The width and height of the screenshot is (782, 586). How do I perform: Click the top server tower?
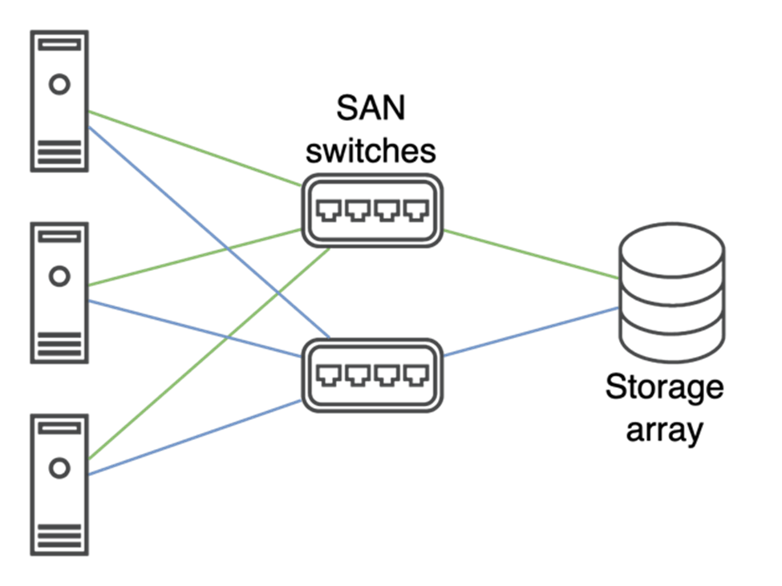[x=59, y=100]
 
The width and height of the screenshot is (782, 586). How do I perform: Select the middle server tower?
[x=59, y=293]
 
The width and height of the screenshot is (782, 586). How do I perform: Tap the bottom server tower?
[x=59, y=484]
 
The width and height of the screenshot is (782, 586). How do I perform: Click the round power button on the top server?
[x=59, y=83]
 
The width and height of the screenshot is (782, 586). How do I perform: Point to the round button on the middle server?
[x=59, y=277]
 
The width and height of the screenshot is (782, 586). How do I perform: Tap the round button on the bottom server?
[x=59, y=467]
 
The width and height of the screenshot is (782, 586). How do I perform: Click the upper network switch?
[x=372, y=211]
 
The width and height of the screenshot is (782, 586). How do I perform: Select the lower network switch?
[x=372, y=375]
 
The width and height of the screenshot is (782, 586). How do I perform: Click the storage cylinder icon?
[x=672, y=293]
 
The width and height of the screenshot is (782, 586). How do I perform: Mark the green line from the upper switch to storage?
[x=529, y=254]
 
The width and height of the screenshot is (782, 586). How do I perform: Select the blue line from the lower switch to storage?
[x=529, y=332]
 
